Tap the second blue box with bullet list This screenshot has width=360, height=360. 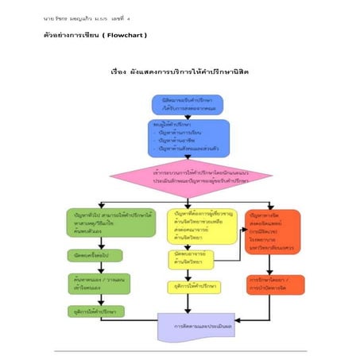pyautogui.click(x=188, y=137)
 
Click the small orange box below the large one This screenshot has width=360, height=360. pyautogui.click(x=269, y=284)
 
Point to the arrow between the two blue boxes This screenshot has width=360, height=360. pyautogui.click(x=187, y=117)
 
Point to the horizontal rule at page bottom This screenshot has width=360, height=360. pyautogui.click(x=180, y=350)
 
